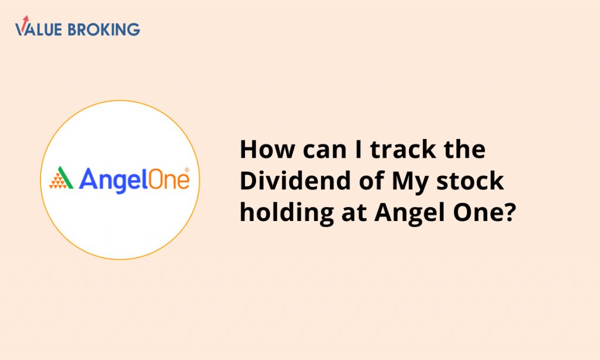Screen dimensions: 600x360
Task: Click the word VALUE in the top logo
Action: click(x=38, y=29)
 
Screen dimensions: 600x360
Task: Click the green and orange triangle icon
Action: click(x=61, y=178)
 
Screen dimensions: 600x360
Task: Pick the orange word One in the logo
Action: click(x=163, y=179)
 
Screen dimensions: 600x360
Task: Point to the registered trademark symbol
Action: click(x=187, y=170)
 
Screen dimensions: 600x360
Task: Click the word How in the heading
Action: click(x=267, y=149)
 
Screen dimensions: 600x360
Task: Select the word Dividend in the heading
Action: click(x=295, y=181)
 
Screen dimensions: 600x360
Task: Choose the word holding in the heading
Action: click(x=287, y=213)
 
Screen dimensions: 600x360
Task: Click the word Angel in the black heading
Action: click(x=410, y=213)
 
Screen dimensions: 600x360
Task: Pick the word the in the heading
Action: click(x=465, y=149)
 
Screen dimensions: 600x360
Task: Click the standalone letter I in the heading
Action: click(x=358, y=149)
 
